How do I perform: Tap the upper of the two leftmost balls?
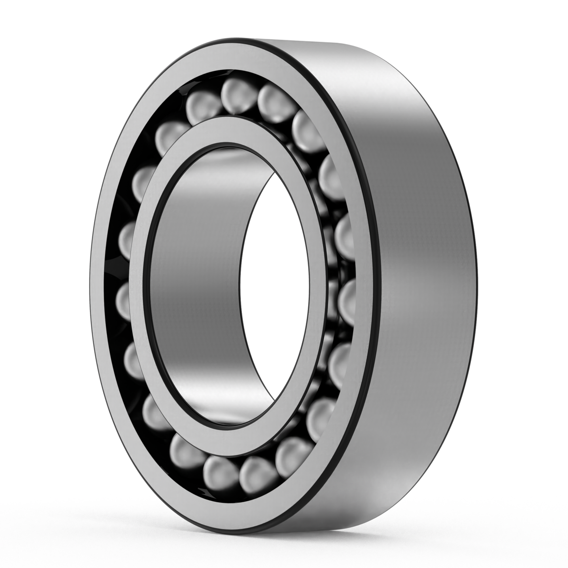click(128, 237)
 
